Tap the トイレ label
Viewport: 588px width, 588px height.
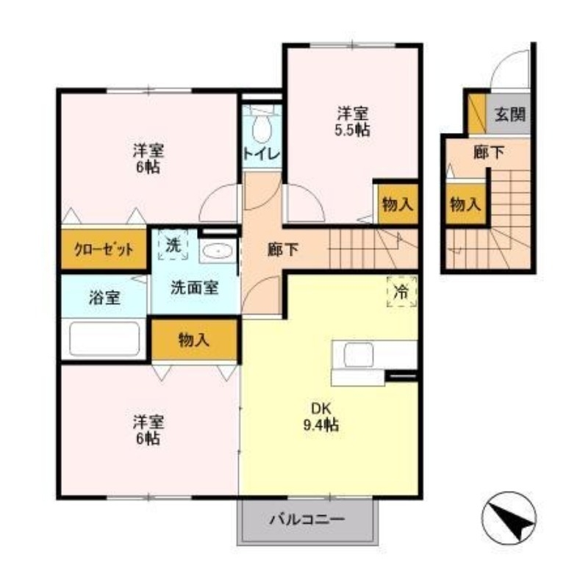(261, 154)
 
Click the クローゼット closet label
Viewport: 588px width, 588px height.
(104, 249)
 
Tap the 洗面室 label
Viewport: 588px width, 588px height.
(194, 288)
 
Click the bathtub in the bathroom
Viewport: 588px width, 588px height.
(104, 339)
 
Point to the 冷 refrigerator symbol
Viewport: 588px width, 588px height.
(401, 291)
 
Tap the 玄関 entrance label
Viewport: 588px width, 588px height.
(509, 114)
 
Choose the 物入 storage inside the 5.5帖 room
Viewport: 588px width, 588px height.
(396, 204)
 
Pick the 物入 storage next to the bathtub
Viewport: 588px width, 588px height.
(194, 340)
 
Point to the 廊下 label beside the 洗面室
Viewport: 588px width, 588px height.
(283, 249)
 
